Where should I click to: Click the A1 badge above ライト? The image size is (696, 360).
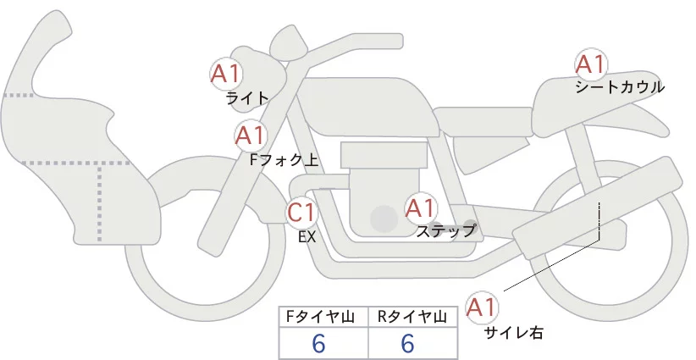226,73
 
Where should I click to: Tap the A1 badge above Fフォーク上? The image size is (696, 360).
251,135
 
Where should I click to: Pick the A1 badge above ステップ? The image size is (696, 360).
420,208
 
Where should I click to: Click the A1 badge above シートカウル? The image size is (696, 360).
589,64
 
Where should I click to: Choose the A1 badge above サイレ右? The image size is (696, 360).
483,307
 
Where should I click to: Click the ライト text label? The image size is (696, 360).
247,98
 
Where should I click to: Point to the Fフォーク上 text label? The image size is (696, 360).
284,158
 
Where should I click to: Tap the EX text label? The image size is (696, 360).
307,237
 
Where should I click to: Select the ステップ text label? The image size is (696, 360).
446,230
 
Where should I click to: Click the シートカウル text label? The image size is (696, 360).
619,87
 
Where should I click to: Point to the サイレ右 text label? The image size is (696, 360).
513,333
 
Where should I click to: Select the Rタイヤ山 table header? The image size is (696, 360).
412,317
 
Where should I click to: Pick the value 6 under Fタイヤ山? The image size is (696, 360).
318,343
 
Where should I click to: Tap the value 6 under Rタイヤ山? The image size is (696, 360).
407,343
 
